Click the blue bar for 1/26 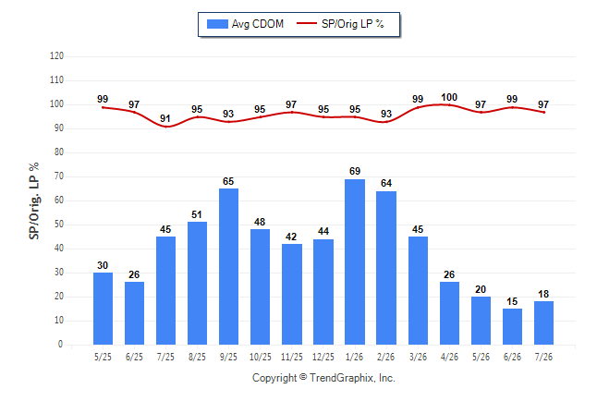pos(355,262)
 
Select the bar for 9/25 pos(228,267)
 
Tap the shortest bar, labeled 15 pos(512,327)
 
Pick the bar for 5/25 pos(103,309)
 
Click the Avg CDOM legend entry pos(245,24)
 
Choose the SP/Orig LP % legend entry pos(340,24)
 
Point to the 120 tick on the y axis pos(56,56)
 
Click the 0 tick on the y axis pos(60,345)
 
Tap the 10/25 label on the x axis pos(260,357)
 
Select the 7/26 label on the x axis pos(543,357)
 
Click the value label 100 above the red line pos(449,98)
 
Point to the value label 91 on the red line pos(165,118)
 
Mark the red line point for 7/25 pos(165,127)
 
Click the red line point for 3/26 pos(418,107)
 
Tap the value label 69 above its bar pos(355,171)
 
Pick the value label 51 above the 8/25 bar pos(197,214)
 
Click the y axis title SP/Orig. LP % pos(34,200)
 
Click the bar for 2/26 pos(386,268)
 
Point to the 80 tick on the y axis pos(58,152)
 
